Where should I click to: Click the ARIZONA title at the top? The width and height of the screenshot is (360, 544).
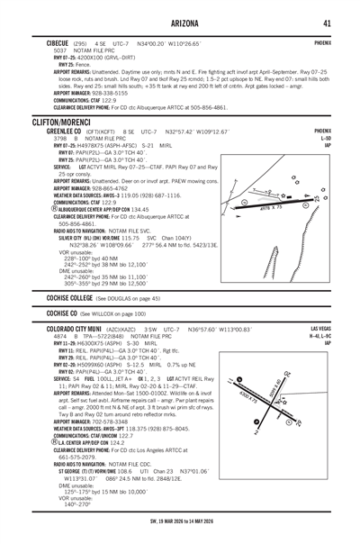click(x=179, y=23)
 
